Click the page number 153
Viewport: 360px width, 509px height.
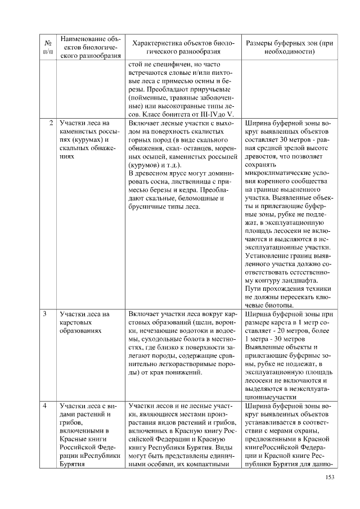330,478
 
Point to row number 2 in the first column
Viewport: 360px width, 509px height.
51,122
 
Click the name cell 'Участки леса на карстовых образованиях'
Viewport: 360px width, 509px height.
84,322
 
